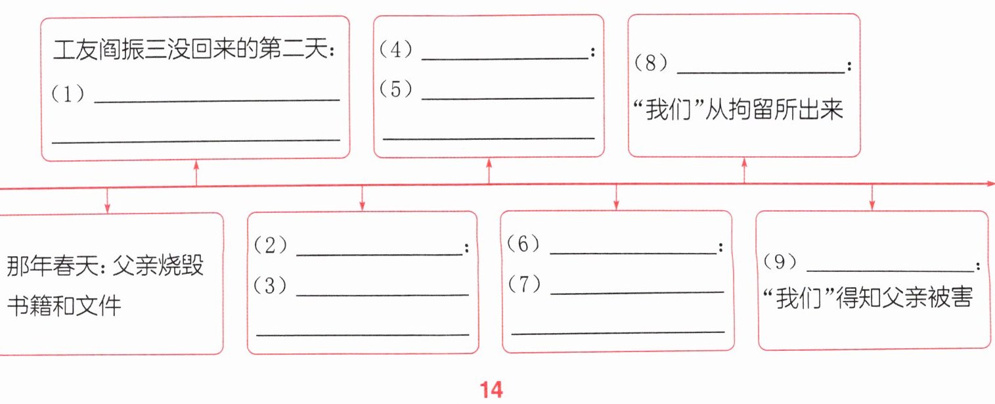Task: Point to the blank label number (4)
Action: coord(395,51)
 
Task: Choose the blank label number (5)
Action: coord(395,89)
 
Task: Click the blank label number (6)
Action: coord(523,244)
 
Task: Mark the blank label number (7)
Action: coord(523,284)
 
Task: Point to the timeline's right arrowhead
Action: coord(990,185)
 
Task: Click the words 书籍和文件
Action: coord(64,306)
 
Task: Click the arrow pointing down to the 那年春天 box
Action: coord(107,200)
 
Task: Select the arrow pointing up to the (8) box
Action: coord(743,171)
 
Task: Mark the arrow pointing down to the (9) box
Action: coord(872,198)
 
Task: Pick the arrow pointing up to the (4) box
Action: coord(489,171)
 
